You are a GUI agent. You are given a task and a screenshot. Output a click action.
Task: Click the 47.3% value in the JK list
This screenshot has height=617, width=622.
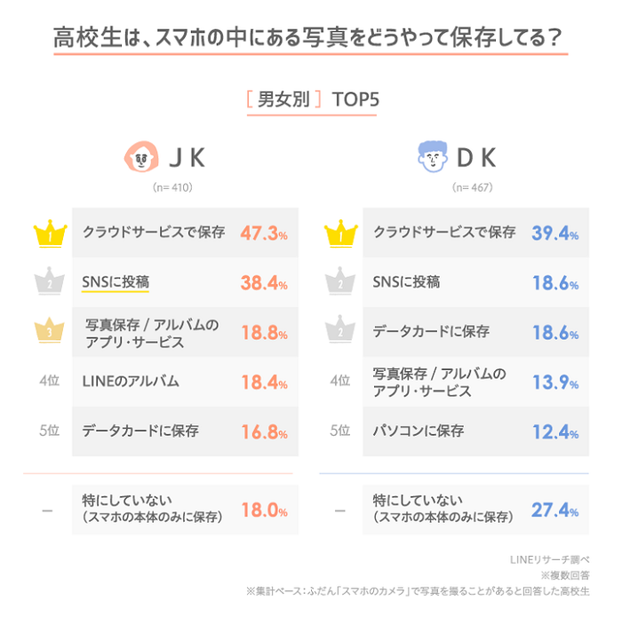pos(264,233)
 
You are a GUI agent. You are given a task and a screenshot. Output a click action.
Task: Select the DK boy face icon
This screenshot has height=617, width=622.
pos(432,159)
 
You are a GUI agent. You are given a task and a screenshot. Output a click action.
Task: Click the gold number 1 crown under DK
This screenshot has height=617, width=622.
pos(343,234)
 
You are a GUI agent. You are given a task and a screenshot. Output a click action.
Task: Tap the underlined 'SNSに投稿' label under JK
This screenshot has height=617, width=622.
pos(114,282)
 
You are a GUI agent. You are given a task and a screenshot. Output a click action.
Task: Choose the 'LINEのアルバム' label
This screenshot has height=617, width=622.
pos(131,381)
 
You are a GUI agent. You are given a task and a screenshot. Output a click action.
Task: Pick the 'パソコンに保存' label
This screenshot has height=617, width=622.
pos(418,431)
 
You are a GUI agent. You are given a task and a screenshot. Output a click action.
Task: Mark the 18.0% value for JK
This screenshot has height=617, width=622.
pos(264,511)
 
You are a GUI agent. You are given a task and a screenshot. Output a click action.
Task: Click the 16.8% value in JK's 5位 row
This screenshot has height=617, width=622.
pos(264,432)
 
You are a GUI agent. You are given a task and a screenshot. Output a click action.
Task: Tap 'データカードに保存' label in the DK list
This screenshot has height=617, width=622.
pos(430,331)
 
